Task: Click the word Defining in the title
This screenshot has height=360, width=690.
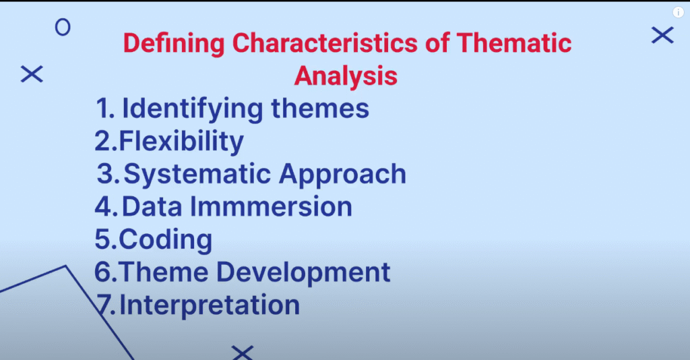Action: pos(174,44)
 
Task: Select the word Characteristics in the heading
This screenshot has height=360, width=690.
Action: pos(325,43)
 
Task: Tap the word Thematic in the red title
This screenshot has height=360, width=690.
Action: pos(514,43)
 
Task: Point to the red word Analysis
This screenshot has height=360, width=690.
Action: pos(346,76)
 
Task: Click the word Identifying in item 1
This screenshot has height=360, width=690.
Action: pos(193,109)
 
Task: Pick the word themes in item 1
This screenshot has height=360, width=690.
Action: pos(320,109)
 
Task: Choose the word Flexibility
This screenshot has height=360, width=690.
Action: pos(181,142)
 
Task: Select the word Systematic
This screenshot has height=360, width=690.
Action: pos(197,175)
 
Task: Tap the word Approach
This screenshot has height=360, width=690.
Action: pos(342,175)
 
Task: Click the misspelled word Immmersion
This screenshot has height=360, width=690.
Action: pos(271,206)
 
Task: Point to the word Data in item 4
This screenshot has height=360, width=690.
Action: pos(152,206)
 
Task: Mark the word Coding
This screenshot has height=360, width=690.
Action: pos(165,240)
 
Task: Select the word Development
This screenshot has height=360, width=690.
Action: pos(303,272)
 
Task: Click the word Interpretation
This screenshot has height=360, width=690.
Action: pos(210,305)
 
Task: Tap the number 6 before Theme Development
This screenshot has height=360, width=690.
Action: pos(103,272)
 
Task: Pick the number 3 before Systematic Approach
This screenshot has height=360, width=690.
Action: pos(106,173)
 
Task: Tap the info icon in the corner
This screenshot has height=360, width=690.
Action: pos(678,12)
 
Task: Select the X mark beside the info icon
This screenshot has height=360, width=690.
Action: pos(663,35)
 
